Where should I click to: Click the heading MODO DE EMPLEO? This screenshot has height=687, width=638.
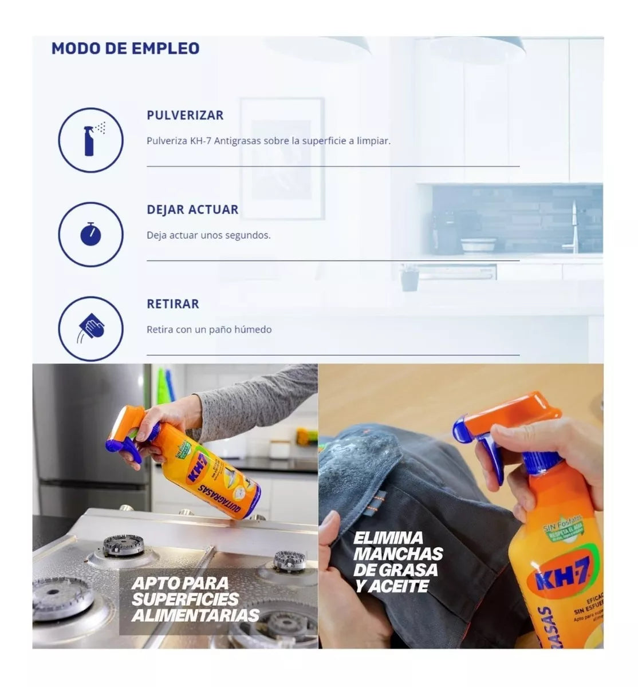tap(125, 48)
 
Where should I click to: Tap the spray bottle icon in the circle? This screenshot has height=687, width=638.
tap(90, 140)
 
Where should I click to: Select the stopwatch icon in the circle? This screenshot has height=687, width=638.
tap(90, 234)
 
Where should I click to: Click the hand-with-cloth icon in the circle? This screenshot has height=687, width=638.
tap(90, 329)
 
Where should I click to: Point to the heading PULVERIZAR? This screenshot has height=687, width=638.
tap(185, 115)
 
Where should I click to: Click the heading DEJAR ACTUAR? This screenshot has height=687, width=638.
tap(192, 210)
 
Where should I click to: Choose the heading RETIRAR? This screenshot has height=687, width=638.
tap(173, 304)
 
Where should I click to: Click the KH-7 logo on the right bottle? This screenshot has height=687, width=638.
tap(561, 572)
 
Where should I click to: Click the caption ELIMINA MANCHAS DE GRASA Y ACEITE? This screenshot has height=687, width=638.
tap(398, 562)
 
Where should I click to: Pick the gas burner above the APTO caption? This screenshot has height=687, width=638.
tap(123, 545)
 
